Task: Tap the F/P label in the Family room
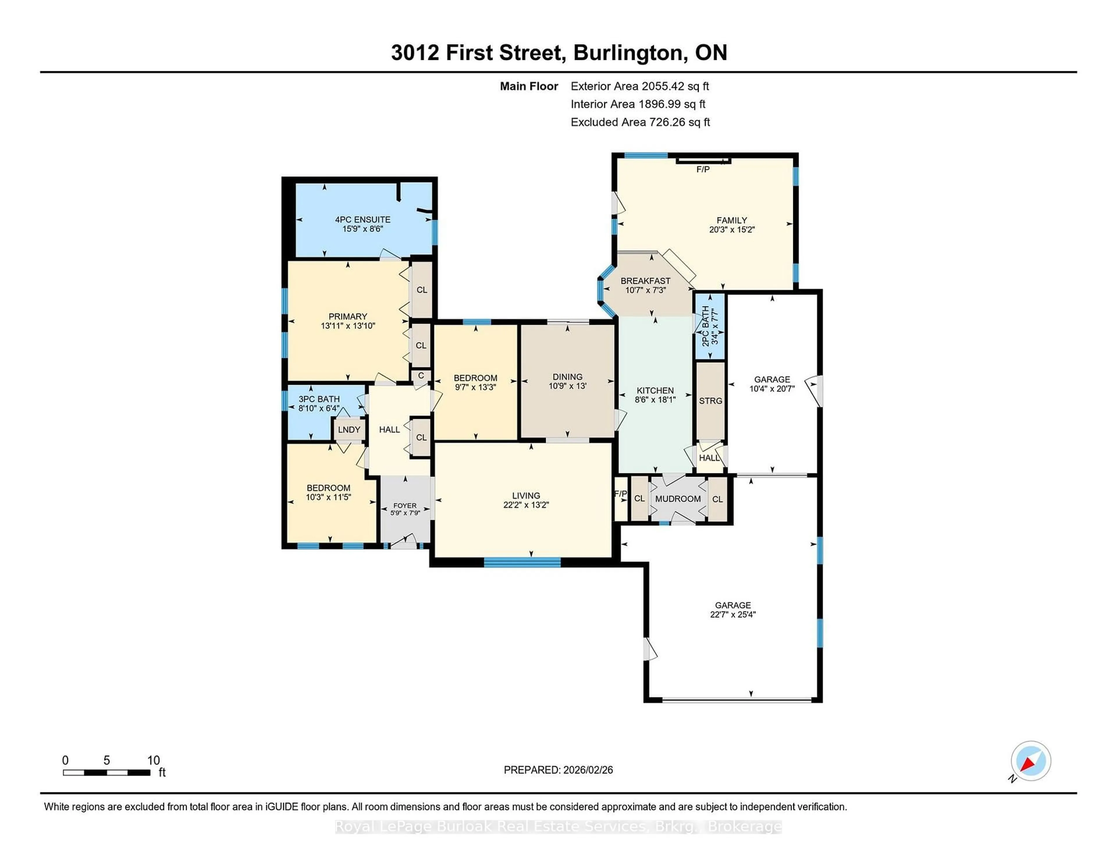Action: (x=703, y=169)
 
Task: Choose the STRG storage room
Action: (x=710, y=401)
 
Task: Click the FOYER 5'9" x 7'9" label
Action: (x=405, y=509)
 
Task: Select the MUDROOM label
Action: (x=678, y=499)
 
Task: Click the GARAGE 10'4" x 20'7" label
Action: (x=772, y=384)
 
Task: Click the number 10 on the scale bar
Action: (x=153, y=760)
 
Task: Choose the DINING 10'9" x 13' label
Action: (x=567, y=381)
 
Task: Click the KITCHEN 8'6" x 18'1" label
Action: (x=655, y=395)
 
